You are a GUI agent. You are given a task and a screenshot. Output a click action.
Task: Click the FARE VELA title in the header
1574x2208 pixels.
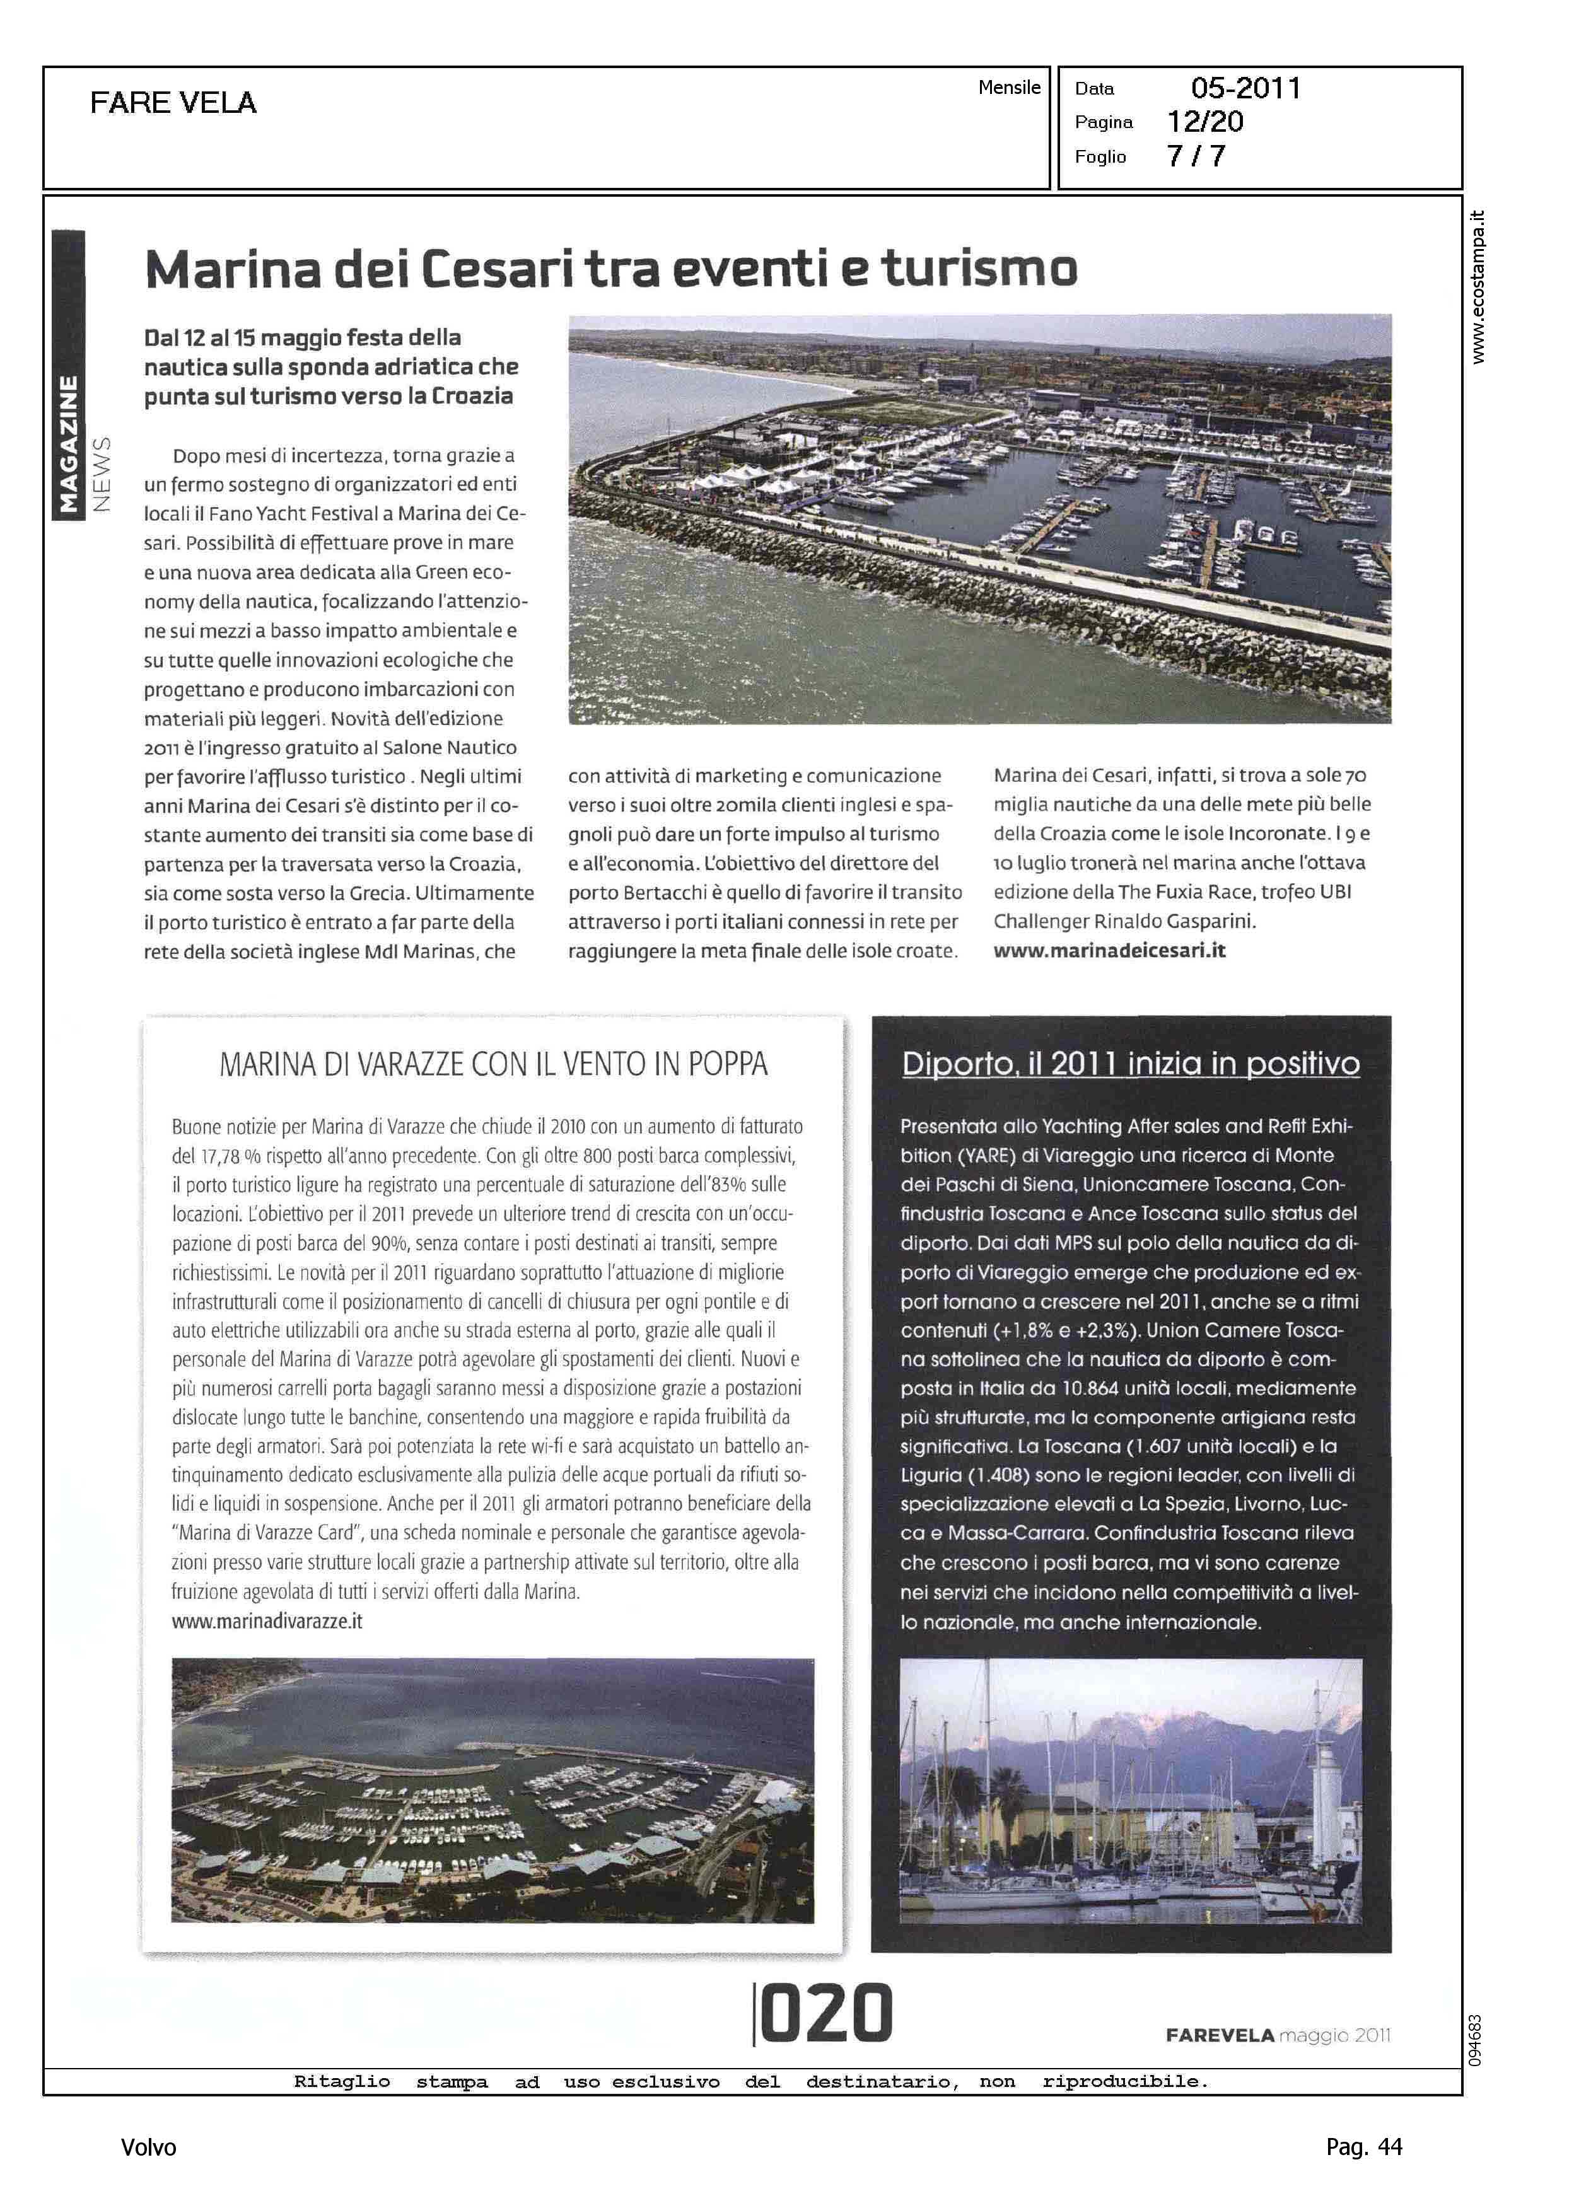[173, 103]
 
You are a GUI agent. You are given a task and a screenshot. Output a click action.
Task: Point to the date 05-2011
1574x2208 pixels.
[1245, 88]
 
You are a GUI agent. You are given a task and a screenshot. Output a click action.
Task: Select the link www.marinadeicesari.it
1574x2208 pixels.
[1109, 950]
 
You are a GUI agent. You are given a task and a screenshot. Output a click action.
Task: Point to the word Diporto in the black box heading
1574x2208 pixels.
[958, 1064]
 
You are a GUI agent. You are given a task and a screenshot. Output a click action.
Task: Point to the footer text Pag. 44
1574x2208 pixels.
[1363, 2147]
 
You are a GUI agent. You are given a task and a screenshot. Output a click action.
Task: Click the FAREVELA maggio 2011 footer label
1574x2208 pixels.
[1278, 2035]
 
